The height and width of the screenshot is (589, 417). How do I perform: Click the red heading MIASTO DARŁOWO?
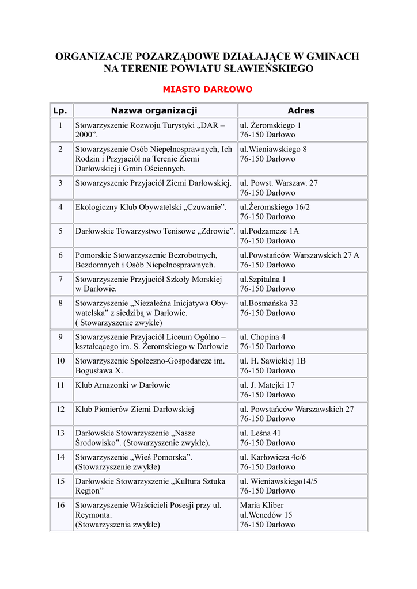tap(207, 89)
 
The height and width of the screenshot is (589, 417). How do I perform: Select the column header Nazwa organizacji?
tap(154, 110)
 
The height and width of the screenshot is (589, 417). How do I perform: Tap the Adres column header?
tap(301, 110)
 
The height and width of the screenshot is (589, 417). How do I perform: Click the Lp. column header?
tap(60, 110)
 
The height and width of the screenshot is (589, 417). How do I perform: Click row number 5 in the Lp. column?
tap(60, 231)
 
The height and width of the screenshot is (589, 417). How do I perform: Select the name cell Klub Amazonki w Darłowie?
tap(123, 385)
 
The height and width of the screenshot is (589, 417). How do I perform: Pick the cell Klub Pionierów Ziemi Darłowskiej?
tap(135, 409)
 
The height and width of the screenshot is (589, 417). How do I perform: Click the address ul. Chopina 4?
tap(263, 337)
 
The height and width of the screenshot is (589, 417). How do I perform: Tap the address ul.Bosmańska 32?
tap(269, 303)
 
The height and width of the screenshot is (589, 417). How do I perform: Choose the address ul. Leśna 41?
tap(260, 433)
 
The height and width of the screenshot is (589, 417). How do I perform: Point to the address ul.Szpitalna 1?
tap(263, 279)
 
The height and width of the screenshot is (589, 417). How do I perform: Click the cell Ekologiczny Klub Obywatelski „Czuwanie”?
tap(151, 207)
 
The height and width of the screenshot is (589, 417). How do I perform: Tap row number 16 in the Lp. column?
tap(60, 505)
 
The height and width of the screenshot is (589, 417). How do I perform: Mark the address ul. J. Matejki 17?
tap(267, 385)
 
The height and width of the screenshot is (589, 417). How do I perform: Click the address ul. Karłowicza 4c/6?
tap(273, 457)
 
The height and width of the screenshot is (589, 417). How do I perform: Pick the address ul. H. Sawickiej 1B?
tap(272, 361)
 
